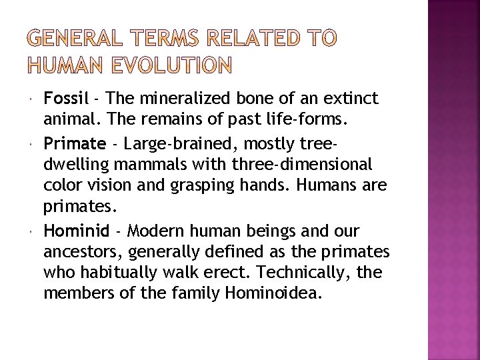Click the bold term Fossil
click(x=65, y=99)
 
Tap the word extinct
click(x=351, y=99)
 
